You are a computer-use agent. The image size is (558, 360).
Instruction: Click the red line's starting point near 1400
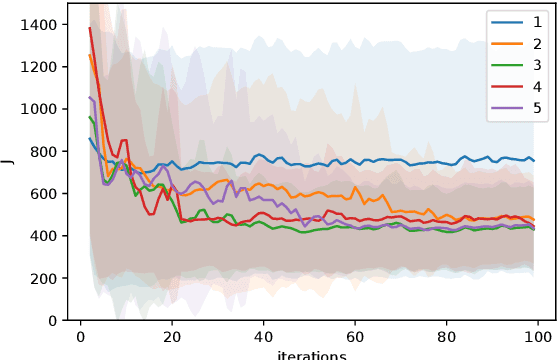click(x=90, y=27)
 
